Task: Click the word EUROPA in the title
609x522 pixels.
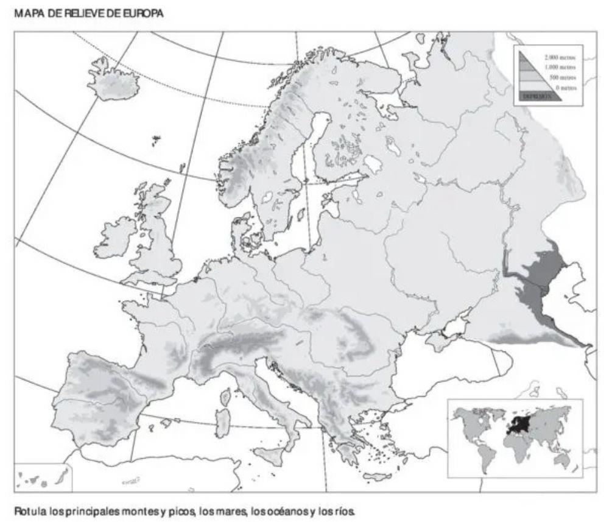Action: [146, 12]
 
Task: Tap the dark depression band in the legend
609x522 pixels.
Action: [538, 96]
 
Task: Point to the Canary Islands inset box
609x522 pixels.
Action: [43, 477]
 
